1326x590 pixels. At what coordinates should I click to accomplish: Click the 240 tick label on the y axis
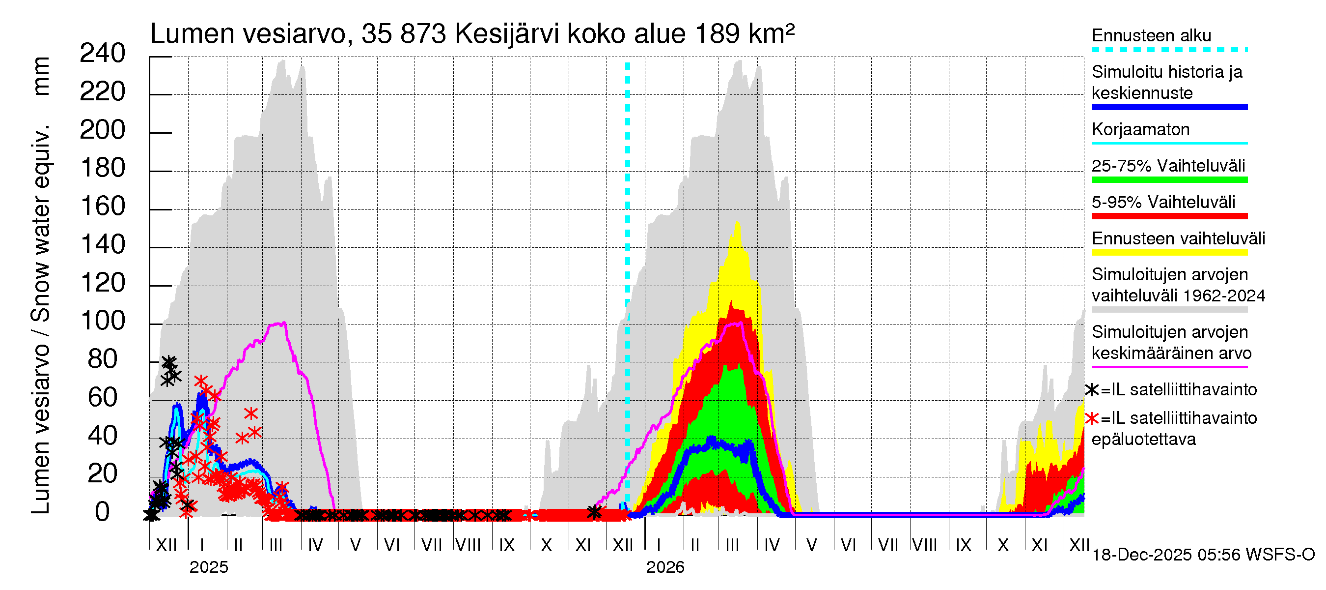click(x=102, y=54)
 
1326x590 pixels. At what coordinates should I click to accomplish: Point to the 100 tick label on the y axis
click(x=103, y=322)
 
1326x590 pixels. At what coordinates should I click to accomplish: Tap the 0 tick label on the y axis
click(x=103, y=512)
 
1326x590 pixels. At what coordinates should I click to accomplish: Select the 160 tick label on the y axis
click(x=103, y=206)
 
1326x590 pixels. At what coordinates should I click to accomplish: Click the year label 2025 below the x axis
click(x=208, y=567)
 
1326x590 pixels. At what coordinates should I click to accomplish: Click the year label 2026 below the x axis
click(x=665, y=567)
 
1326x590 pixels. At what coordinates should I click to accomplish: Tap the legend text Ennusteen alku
click(x=1151, y=35)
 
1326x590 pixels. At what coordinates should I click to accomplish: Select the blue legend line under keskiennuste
click(x=1169, y=107)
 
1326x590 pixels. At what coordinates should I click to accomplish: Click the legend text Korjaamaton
click(x=1140, y=129)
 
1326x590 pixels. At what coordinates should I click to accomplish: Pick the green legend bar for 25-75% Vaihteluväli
click(x=1169, y=180)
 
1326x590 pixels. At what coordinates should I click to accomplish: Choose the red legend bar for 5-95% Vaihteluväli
click(x=1169, y=216)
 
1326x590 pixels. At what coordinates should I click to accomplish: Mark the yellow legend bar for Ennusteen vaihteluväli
click(x=1169, y=253)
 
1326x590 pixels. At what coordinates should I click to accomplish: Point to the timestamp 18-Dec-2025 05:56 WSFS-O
click(x=1203, y=555)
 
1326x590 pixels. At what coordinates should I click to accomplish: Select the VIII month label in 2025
click(x=468, y=545)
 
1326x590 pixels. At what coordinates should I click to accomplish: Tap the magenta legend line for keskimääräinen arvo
click(x=1169, y=367)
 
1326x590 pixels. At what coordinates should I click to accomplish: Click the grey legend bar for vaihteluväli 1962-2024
click(x=1169, y=310)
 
